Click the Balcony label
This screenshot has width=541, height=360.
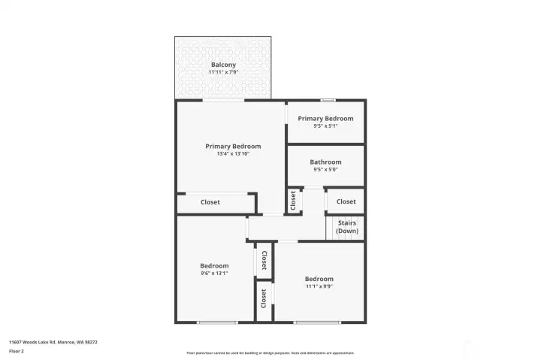(223, 65)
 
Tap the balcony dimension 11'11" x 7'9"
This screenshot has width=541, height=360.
(223, 72)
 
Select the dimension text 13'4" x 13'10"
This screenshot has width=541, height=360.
(233, 153)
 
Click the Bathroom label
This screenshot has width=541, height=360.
(325, 162)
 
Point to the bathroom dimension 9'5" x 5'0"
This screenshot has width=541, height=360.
(325, 170)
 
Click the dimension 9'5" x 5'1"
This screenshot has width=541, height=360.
(325, 126)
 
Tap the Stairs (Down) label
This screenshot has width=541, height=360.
(346, 227)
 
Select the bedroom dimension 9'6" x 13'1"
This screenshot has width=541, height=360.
(214, 274)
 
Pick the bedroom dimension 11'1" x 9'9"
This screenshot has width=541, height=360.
(319, 286)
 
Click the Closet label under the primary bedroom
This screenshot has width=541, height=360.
(210, 201)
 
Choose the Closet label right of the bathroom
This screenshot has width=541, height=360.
(346, 201)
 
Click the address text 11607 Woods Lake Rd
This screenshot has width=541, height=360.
(53, 342)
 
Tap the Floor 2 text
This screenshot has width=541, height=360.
(17, 351)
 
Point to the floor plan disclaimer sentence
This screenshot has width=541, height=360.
(270, 352)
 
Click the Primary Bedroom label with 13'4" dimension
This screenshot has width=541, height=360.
(233, 146)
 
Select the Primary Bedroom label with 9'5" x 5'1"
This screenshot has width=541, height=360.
(325, 118)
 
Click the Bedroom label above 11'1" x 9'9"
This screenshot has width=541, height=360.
(319, 279)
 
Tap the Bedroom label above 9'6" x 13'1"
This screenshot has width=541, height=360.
(214, 266)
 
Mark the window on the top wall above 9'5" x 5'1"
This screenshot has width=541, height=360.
(328, 100)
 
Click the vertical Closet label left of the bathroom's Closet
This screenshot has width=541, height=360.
(293, 201)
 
